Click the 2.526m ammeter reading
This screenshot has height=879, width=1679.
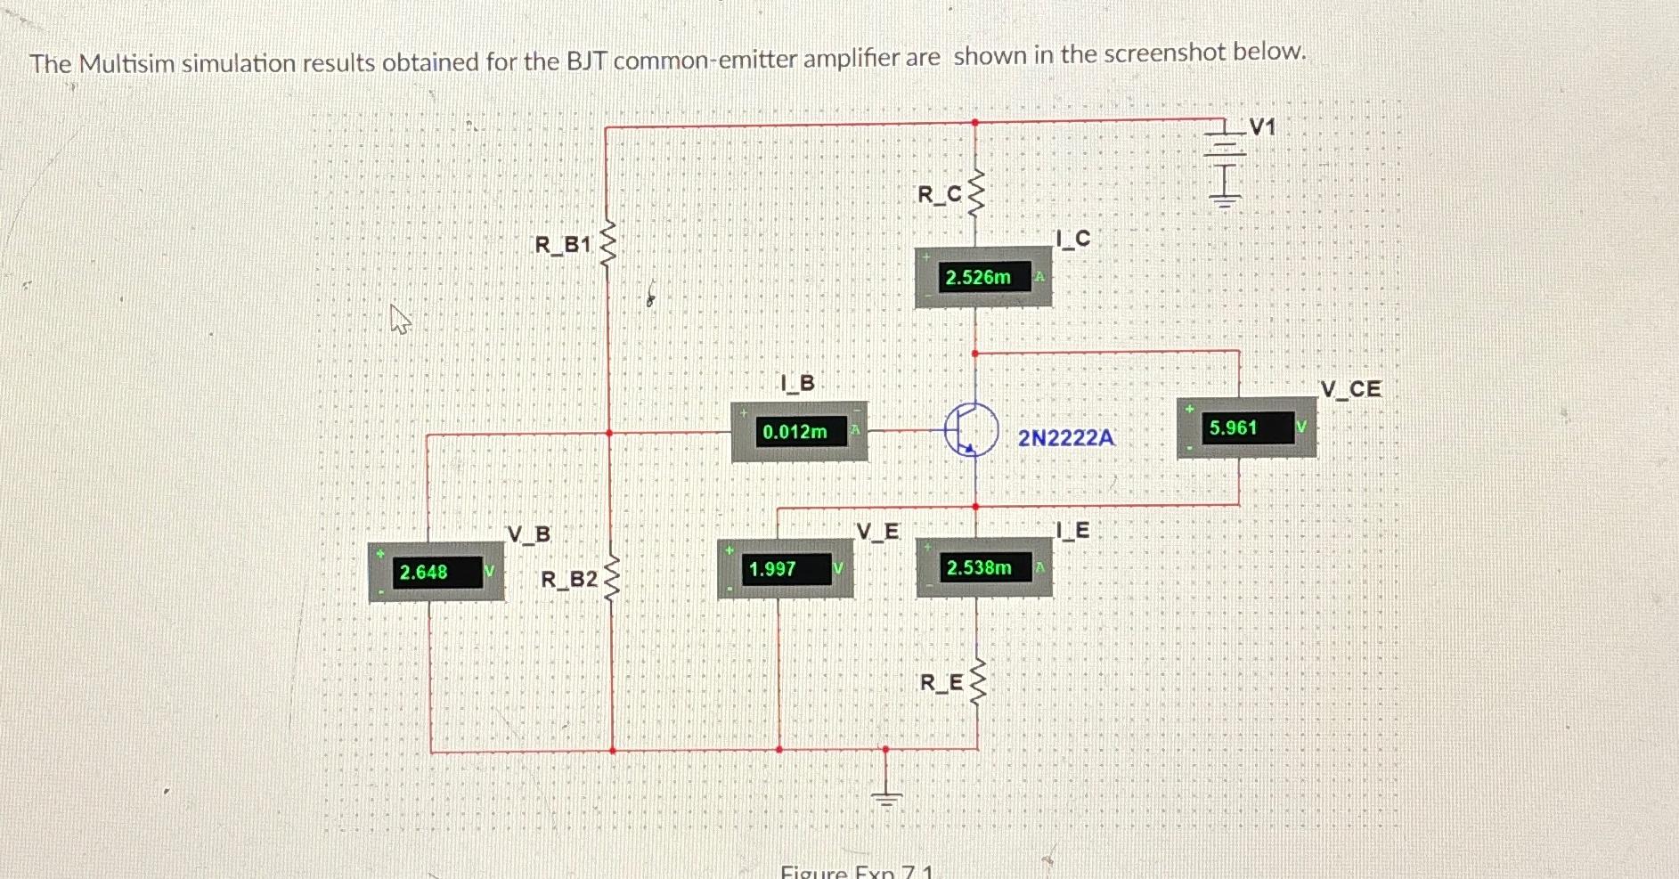pyautogui.click(x=978, y=277)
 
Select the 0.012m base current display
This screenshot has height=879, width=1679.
pyautogui.click(x=795, y=432)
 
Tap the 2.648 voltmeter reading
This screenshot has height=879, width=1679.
pyautogui.click(x=424, y=572)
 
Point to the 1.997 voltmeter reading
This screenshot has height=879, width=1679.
pyautogui.click(x=772, y=569)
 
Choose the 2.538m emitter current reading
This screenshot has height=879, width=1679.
pyautogui.click(x=979, y=567)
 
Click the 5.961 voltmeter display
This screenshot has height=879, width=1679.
pyautogui.click(x=1234, y=427)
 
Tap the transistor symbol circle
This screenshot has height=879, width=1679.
pyautogui.click(x=971, y=429)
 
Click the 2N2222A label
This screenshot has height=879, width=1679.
pyautogui.click(x=1065, y=438)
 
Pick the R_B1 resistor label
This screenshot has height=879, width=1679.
pyautogui.click(x=563, y=244)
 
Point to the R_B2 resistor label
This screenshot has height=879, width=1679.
pyautogui.click(x=569, y=580)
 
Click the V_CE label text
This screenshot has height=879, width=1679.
pyautogui.click(x=1350, y=389)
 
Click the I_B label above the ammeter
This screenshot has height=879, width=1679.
pyautogui.click(x=797, y=384)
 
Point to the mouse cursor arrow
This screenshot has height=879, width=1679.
pyautogui.click(x=400, y=318)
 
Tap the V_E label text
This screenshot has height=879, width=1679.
pyautogui.click(x=877, y=532)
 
